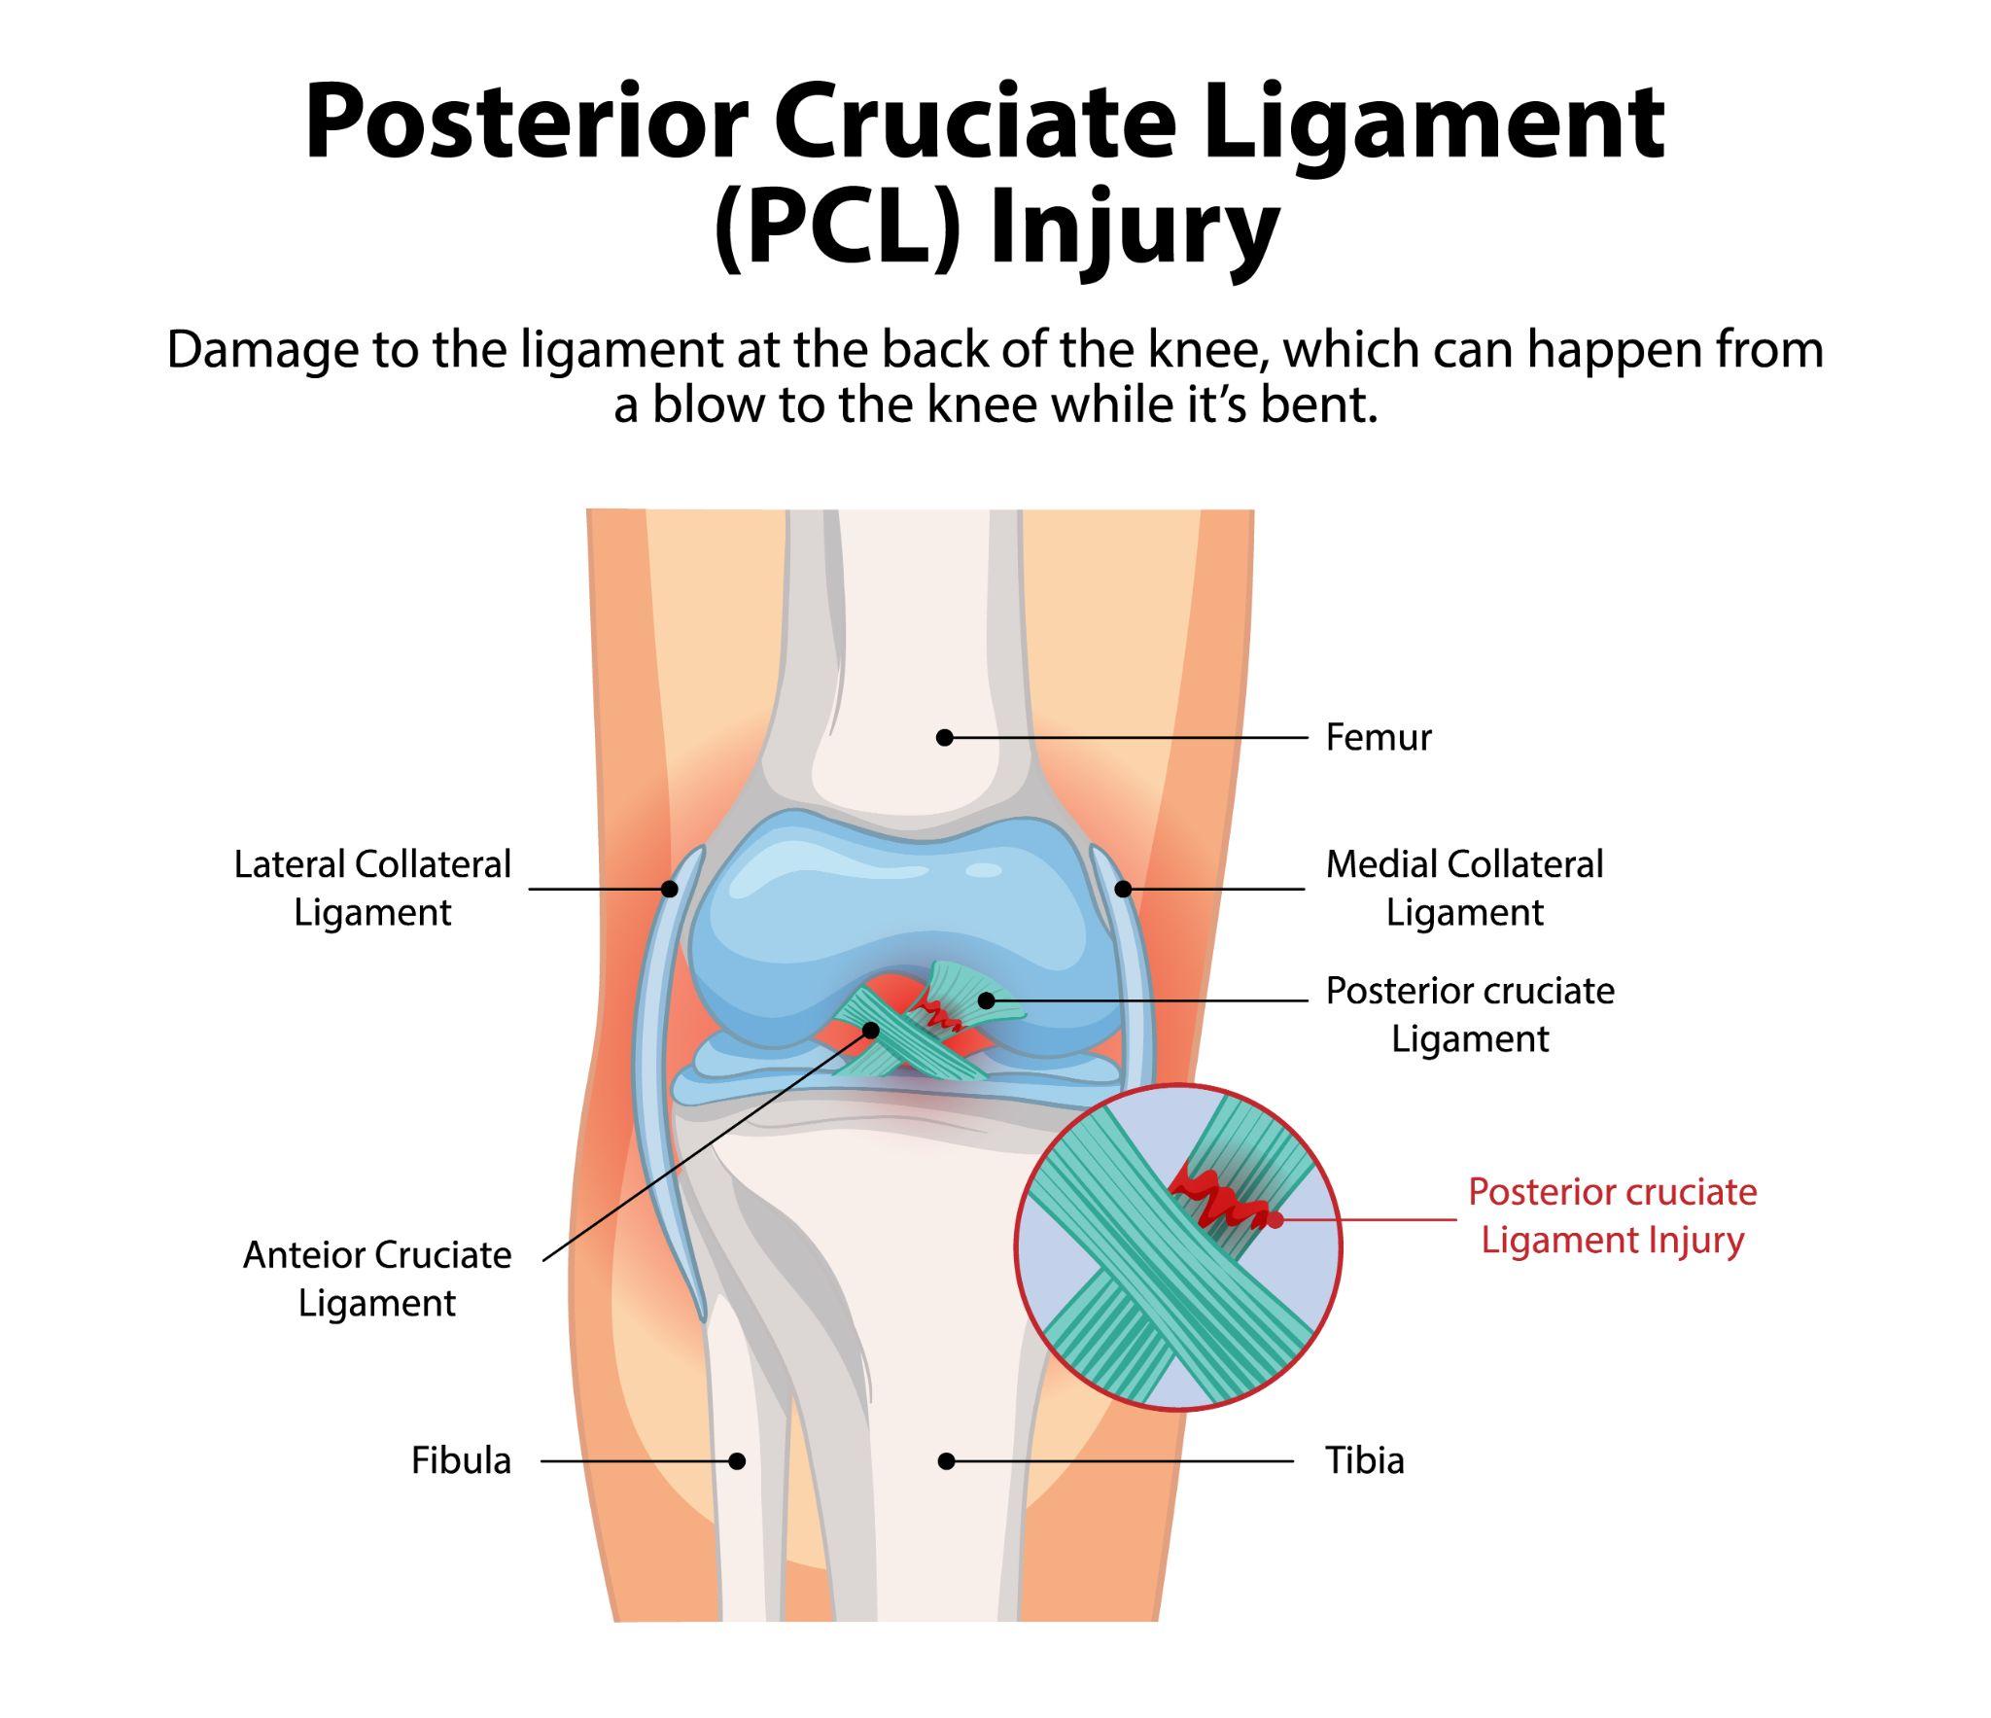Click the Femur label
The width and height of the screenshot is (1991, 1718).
click(1378, 738)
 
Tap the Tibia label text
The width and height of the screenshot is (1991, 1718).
click(1364, 1460)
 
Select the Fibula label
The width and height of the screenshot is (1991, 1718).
click(460, 1460)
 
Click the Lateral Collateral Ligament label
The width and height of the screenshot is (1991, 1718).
click(372, 888)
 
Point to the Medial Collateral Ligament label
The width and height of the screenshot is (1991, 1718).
click(1464, 888)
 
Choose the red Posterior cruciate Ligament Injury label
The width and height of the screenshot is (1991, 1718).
click(1612, 1215)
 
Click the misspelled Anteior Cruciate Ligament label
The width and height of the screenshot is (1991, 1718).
click(376, 1279)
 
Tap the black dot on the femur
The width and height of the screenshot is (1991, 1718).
click(944, 738)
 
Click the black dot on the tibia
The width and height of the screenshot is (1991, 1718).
click(946, 1460)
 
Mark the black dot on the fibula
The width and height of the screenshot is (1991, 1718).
click(737, 1460)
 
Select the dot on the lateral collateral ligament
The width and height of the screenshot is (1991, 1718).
click(669, 889)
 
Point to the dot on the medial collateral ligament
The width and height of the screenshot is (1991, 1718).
click(1122, 889)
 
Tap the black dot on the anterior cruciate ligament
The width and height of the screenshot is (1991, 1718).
click(871, 1030)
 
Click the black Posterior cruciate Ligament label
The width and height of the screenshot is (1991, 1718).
click(1469, 1014)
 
